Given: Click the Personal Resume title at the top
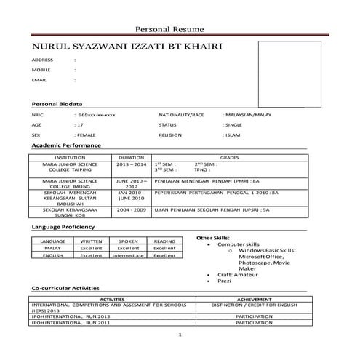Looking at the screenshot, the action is pos(180,28).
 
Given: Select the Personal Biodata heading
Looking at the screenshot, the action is pos(57,104).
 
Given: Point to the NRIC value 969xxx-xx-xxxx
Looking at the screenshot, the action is pos(97,116).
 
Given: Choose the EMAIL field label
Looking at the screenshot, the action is pos(39,81).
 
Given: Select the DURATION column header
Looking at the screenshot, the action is pos(131,157).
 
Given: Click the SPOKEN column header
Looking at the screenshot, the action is pos(128,241).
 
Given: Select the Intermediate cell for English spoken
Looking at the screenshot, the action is pos(128,255).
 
